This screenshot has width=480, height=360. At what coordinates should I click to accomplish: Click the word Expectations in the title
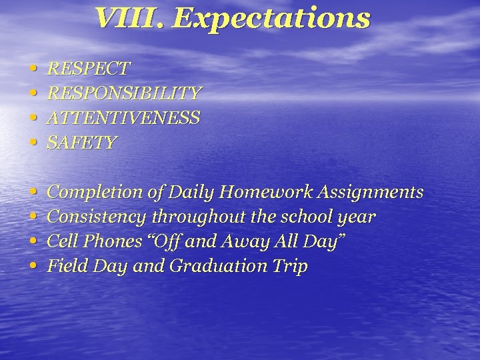271,19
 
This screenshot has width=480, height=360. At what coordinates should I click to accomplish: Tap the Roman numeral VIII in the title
129,19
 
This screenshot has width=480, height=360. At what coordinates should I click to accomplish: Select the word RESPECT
89,69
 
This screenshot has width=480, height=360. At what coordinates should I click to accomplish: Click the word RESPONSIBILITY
124,93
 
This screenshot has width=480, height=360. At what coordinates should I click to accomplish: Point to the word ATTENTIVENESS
123,118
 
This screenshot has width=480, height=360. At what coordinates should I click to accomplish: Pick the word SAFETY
82,143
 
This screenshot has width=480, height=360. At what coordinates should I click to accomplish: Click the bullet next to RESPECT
33,69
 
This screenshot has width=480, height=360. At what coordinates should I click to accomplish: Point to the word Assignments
370,193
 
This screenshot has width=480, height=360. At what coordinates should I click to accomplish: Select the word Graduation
215,267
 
